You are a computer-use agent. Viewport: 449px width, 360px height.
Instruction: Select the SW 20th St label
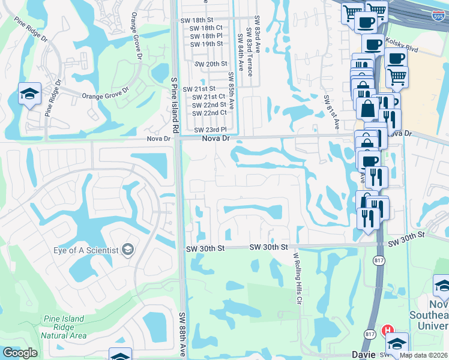tap(208, 64)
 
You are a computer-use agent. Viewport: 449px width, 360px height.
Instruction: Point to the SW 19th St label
tap(206, 44)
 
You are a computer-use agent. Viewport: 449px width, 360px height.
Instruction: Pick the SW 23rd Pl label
tap(211, 130)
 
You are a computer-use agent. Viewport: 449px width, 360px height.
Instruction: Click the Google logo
tap(20, 353)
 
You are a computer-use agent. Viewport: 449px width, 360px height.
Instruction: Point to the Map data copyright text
tap(423, 355)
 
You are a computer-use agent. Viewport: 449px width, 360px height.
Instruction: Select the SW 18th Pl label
tap(206, 36)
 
